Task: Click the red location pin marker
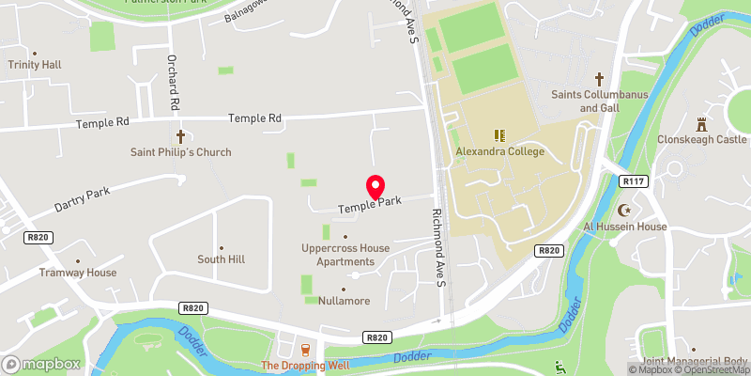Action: coord(375,187)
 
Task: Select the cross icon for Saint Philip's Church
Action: coord(180,135)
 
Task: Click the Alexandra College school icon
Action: coord(500,135)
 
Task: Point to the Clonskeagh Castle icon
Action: coord(700,124)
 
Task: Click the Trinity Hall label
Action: coord(35,65)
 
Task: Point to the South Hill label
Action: coord(221,258)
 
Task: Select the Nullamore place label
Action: coord(343,301)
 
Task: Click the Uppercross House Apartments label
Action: coord(345,255)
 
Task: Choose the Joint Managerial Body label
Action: coord(694,361)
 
